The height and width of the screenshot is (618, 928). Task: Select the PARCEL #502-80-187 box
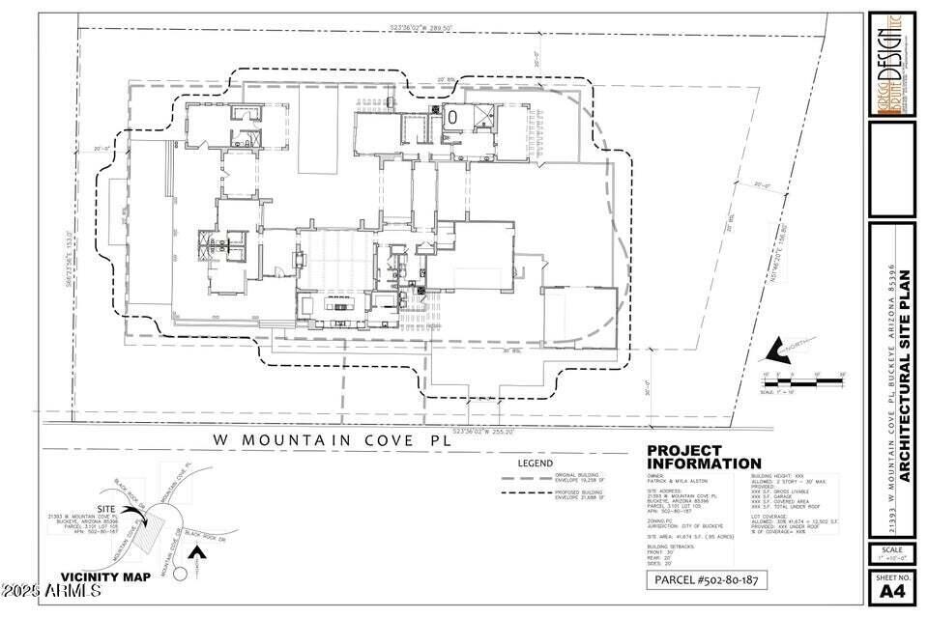point(707,579)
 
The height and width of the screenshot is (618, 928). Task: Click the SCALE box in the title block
point(890,553)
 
